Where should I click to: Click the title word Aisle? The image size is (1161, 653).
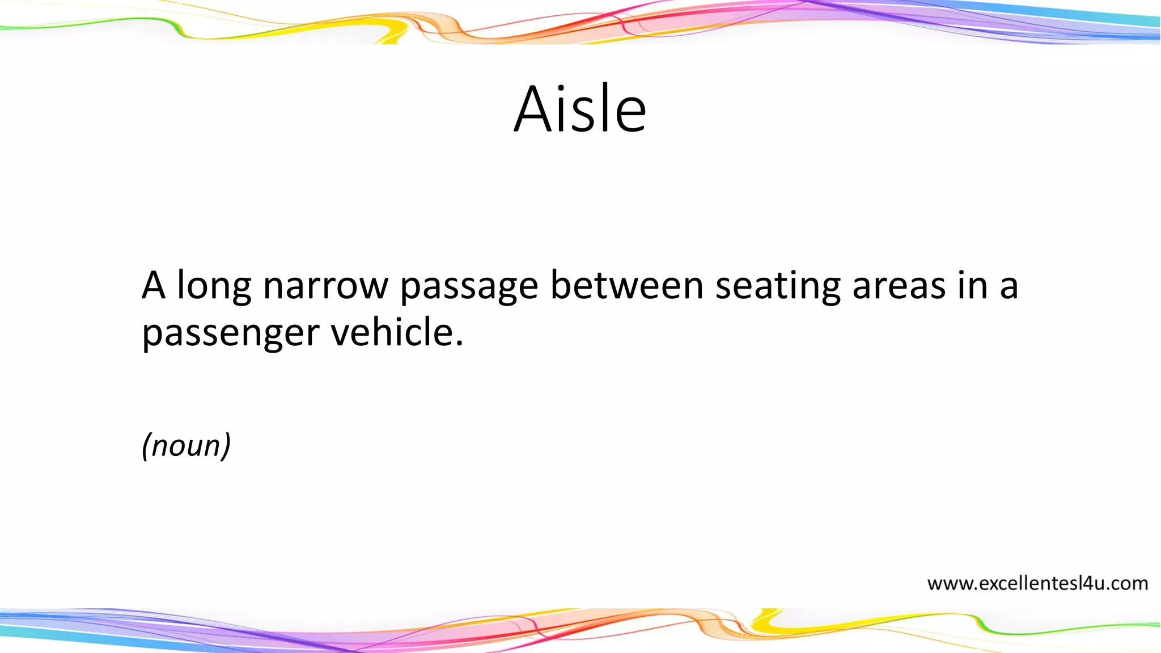tap(580, 109)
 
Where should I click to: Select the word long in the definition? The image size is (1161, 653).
tap(214, 286)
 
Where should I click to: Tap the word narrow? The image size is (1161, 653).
tap(325, 286)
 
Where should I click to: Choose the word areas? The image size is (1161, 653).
tap(899, 286)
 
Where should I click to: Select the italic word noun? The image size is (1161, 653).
tap(187, 446)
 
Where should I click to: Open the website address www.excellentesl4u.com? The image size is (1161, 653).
tap(1037, 583)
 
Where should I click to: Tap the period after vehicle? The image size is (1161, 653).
tap(459, 344)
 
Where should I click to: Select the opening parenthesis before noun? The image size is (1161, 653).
tap(146, 446)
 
